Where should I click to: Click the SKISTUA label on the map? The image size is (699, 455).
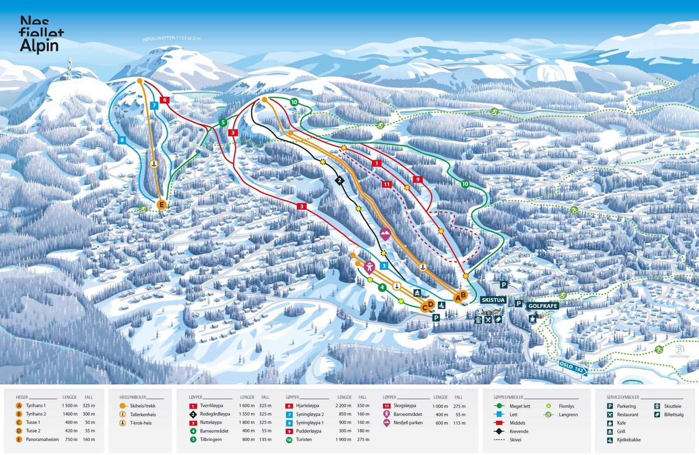pos(493,300)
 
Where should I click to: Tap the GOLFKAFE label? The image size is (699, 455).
pos(543,306)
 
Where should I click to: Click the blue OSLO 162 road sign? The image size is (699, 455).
pos(572,367)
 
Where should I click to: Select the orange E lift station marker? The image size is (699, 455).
pos(162,204)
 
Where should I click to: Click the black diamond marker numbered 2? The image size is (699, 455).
pos(339,180)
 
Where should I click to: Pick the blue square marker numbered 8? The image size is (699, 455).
pos(122,140)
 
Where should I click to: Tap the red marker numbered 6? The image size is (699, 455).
pos(165,100)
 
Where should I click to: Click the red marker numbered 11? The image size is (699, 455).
pos(386,184)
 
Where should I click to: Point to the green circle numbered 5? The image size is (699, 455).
pos(223,122)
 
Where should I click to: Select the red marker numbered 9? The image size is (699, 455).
pos(418,179)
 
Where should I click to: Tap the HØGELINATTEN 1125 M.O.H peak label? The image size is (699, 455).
pos(171,38)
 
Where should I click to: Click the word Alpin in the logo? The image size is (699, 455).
pos(39,45)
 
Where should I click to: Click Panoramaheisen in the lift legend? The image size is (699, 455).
pos(42,439)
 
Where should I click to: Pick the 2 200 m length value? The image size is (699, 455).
pos(344,406)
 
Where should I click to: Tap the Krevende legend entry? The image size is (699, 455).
pos(519,431)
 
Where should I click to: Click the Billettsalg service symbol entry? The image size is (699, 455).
pos(673,414)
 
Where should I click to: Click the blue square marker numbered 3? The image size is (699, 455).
pos(384,266)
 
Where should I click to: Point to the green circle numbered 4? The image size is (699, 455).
pos(382,287)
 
